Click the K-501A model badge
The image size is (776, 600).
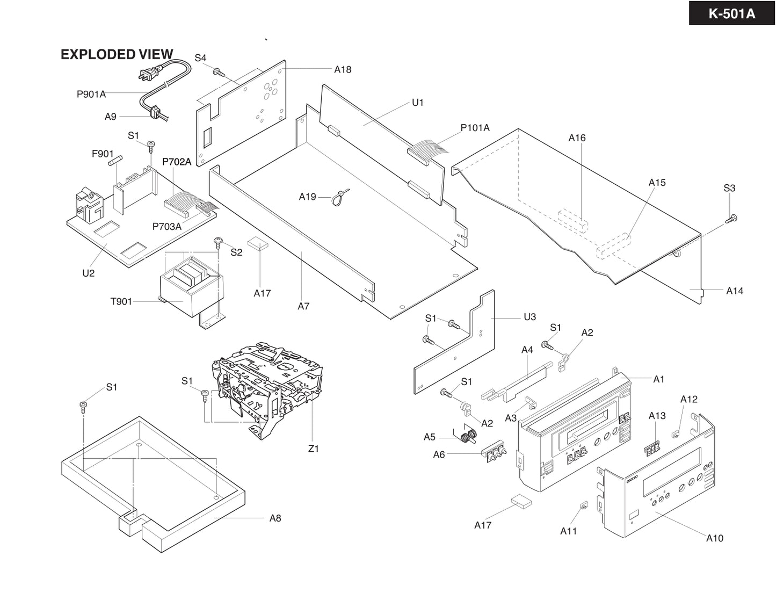(731, 13)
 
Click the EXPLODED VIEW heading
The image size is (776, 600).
(117, 54)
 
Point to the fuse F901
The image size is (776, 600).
(115, 160)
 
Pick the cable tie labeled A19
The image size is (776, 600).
(340, 197)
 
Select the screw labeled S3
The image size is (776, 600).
(731, 218)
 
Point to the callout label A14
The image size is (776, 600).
(734, 291)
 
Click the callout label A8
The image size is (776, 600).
(275, 518)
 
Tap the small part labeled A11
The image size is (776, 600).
(583, 506)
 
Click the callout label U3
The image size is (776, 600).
(530, 317)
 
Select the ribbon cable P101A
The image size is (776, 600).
(427, 148)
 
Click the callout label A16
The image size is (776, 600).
(577, 138)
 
